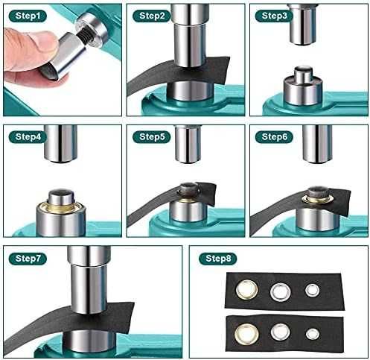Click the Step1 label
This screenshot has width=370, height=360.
[x=28, y=16]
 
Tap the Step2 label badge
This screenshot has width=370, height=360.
[x=152, y=16]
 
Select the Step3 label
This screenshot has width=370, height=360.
[x=274, y=16]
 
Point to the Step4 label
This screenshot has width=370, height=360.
[x=28, y=137]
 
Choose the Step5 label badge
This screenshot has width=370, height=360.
[x=152, y=137]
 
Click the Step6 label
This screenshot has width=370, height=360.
[x=274, y=137]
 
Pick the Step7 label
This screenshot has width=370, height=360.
[x=28, y=259]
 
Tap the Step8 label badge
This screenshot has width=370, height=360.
[x=218, y=259]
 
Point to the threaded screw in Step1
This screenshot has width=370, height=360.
[x=83, y=37]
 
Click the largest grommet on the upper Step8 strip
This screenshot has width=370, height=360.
[x=246, y=290]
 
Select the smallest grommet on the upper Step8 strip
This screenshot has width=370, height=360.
[x=312, y=290]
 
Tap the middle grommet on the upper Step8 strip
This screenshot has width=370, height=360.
[x=281, y=291]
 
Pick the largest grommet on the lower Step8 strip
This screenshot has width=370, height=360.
[x=246, y=334]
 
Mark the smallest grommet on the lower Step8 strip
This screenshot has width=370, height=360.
[x=312, y=334]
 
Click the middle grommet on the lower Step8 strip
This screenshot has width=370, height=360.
[x=281, y=332]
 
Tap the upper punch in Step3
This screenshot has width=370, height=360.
[x=303, y=24]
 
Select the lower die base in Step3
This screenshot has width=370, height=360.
[x=303, y=87]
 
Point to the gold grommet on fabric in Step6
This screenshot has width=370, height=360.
[x=317, y=199]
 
